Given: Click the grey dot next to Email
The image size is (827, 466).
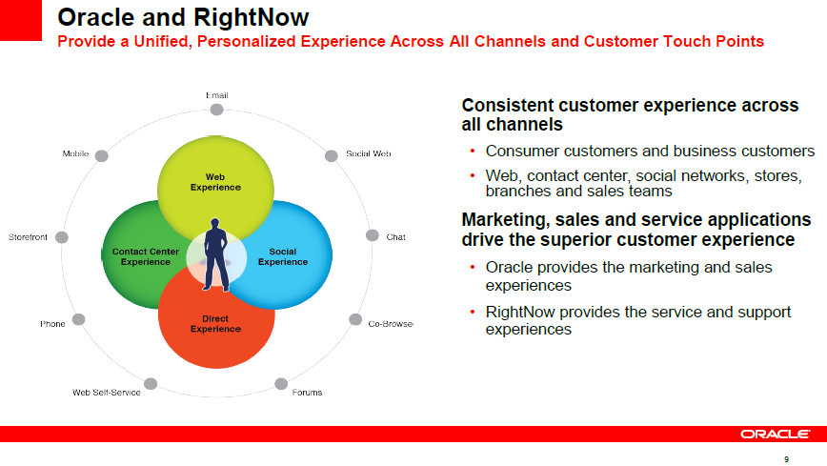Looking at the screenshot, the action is coord(216,110).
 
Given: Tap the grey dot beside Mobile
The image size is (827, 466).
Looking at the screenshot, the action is coord(102,155).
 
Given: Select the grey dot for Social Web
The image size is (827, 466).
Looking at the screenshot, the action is coord(332,155).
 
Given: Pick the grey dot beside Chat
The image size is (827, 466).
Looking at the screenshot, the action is coord(373,235).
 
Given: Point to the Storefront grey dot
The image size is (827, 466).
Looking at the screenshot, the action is coord(62,237).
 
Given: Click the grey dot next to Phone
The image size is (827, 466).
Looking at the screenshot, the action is coord(78,319).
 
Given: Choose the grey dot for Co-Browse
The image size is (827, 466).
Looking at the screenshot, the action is coord(355,319).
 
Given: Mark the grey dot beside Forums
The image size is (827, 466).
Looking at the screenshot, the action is coord(281,384).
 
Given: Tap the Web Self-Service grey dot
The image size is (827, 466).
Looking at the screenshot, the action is coord(151,384).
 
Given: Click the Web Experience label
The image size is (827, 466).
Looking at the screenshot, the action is coord(215,182).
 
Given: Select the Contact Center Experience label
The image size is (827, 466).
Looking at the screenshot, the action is coord(146,256).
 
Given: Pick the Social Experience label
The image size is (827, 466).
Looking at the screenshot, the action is coord(283,256).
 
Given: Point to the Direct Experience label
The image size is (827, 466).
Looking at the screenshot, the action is coord(215,323).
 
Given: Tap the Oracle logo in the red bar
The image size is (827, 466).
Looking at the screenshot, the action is coord(776,434).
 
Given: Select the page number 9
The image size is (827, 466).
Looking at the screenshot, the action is coord(786,459).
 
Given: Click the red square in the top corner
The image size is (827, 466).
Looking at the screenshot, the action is coord(21,20).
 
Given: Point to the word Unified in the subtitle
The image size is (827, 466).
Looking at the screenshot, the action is coord(162,42).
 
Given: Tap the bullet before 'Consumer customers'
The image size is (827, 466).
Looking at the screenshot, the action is coord(473,151).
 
